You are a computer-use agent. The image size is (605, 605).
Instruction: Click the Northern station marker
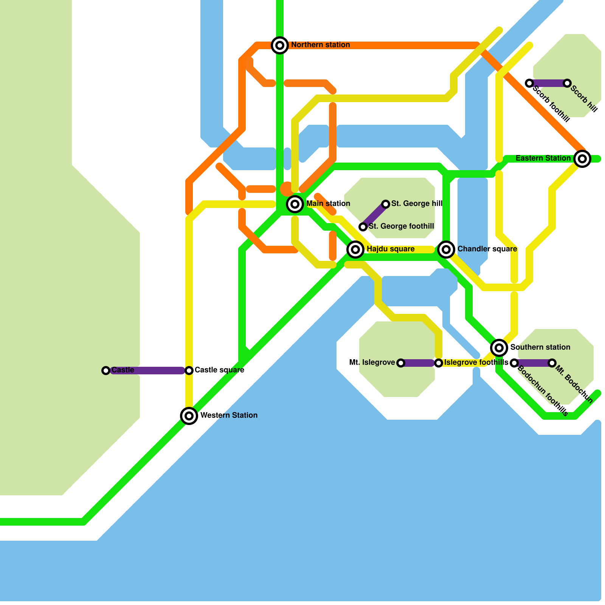pyautogui.click(x=280, y=45)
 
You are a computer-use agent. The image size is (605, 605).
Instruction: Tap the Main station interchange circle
pyautogui.click(x=295, y=204)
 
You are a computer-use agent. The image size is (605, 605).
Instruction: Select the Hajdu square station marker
pyautogui.click(x=355, y=249)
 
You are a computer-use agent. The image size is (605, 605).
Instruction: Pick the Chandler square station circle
pyautogui.click(x=446, y=249)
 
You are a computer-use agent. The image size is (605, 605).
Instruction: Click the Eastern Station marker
pyautogui.click(x=582, y=159)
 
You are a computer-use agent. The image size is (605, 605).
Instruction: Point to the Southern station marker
pyautogui.click(x=499, y=347)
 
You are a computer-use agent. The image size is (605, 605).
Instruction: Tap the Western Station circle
pyautogui.click(x=189, y=416)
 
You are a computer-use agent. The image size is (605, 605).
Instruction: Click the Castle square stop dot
pyautogui.click(x=189, y=371)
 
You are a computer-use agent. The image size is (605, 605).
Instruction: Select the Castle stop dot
pyautogui.click(x=106, y=371)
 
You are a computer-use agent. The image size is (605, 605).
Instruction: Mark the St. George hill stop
pyautogui.click(x=386, y=204)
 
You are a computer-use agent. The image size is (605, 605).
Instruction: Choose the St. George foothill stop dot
pyautogui.click(x=363, y=227)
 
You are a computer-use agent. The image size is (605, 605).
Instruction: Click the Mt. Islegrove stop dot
pyautogui.click(x=401, y=363)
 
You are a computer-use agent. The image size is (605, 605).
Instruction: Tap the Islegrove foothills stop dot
pyautogui.click(x=439, y=363)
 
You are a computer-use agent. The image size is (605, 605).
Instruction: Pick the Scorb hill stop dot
pyautogui.click(x=567, y=83)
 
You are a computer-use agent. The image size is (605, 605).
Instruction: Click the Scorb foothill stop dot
pyautogui.click(x=529, y=83)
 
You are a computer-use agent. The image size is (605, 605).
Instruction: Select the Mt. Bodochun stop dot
pyautogui.click(x=552, y=363)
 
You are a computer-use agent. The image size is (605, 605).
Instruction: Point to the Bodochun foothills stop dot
pyautogui.click(x=514, y=363)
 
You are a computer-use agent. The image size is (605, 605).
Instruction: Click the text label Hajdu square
pyautogui.click(x=390, y=249)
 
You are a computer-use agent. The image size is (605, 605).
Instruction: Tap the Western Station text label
pyautogui.click(x=229, y=416)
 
